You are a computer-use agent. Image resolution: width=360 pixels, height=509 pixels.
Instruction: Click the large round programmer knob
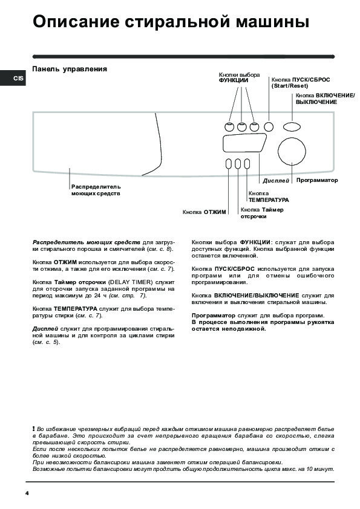coord(292,152)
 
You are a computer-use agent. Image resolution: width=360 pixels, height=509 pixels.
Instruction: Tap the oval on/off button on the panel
coord(292,126)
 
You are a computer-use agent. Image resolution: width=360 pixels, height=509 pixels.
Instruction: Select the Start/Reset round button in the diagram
coord(269,126)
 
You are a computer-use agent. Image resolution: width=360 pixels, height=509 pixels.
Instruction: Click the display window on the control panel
coord(244,143)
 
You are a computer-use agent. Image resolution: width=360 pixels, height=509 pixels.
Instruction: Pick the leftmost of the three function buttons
coord(229,127)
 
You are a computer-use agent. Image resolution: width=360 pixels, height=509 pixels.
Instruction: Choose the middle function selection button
coord(242,127)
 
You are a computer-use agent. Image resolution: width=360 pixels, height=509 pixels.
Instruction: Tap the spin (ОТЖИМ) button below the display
coord(229,164)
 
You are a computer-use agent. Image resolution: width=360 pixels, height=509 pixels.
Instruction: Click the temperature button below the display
coord(247,164)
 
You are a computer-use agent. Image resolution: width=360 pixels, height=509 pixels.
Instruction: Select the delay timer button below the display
coord(238,164)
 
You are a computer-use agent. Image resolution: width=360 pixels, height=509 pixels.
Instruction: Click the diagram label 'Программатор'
coord(317,180)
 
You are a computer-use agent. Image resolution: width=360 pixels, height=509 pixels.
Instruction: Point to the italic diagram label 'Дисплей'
coord(276,181)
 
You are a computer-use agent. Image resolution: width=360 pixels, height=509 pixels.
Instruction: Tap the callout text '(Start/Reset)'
coord(290,86)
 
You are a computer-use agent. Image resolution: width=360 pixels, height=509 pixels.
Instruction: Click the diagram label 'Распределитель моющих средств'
coord(96,190)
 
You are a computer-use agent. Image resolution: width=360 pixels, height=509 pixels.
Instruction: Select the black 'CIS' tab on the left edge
coord(13,78)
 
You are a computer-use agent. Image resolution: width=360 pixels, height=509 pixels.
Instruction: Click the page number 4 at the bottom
coord(27,493)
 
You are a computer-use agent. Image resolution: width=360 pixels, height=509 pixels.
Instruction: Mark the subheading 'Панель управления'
coord(70,69)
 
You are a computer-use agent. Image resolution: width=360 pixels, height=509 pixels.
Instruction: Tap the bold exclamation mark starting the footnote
coord(33,429)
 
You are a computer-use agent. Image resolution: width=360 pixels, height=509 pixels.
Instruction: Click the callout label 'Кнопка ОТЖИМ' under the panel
coord(204,212)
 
